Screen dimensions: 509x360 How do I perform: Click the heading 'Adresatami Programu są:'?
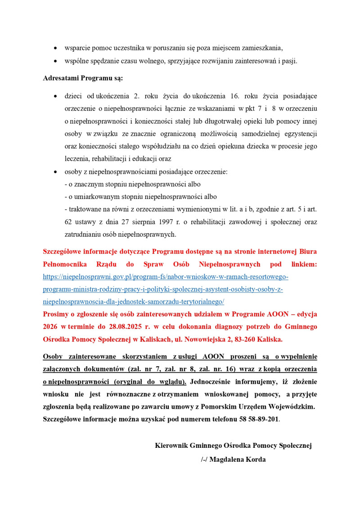(x=83, y=78)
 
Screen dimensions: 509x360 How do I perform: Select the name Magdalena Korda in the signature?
(x=238, y=459)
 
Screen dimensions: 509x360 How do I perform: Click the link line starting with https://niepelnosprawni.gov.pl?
(x=165, y=276)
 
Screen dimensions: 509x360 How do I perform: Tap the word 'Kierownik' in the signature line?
(x=171, y=446)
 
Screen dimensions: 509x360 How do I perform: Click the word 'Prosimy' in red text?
(x=57, y=314)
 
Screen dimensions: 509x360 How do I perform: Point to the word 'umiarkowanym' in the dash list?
(x=95, y=197)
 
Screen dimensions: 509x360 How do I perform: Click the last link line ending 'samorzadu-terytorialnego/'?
(x=133, y=302)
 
